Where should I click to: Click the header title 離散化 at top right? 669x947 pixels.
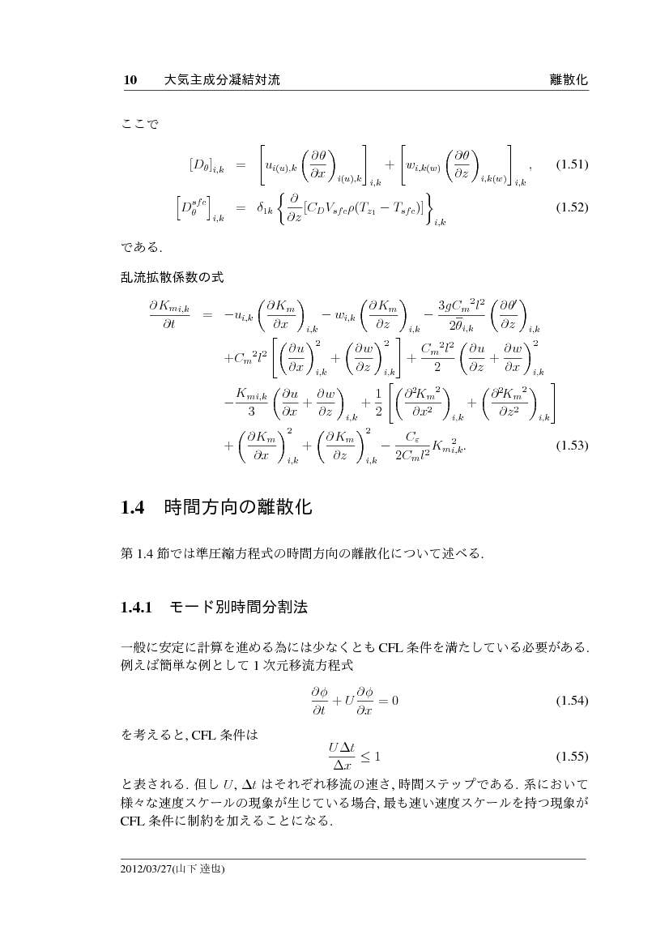point(568,80)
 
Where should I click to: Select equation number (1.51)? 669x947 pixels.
point(571,165)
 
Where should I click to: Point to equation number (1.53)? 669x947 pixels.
point(571,446)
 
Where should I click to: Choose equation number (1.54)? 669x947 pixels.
point(571,701)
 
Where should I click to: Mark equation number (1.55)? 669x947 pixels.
point(571,757)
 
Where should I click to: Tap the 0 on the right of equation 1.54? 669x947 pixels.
point(394,700)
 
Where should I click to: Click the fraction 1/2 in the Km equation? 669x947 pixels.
point(378,402)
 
